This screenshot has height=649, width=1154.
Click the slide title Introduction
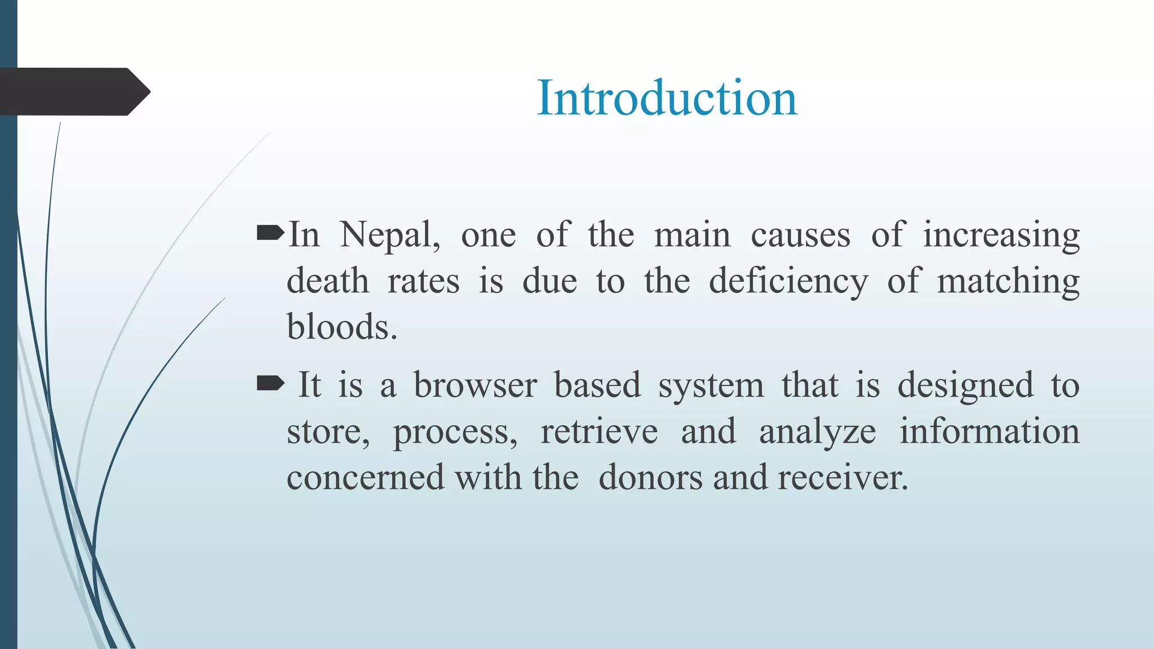[x=667, y=98]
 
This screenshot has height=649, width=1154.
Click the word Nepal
[x=390, y=235]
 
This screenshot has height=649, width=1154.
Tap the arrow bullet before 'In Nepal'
[x=270, y=233]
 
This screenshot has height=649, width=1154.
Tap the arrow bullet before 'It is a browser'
[x=270, y=384]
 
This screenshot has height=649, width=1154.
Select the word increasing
[x=1001, y=235]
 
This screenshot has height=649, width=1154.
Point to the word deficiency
[x=788, y=281]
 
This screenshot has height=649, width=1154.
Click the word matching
[x=1007, y=281]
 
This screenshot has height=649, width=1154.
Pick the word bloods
[x=341, y=327]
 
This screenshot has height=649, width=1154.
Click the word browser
[x=475, y=385]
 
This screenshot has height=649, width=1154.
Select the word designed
[x=965, y=385]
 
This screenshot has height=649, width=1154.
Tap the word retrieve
[x=599, y=432]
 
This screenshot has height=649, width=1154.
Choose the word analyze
[x=817, y=432]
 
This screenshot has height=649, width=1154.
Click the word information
[x=989, y=432]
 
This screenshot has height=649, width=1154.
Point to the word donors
[x=650, y=478]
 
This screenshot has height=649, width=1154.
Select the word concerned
[x=366, y=478]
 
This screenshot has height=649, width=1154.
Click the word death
[x=327, y=281]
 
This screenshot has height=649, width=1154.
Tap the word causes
[x=800, y=235]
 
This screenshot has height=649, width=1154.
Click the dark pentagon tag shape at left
[x=73, y=92]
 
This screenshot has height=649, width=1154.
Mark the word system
[x=711, y=385]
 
